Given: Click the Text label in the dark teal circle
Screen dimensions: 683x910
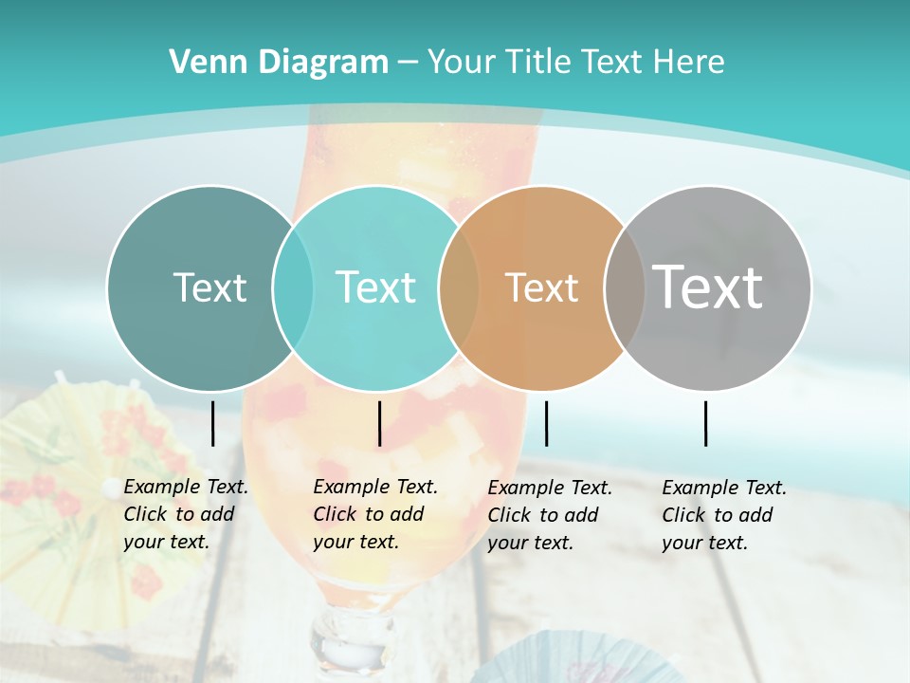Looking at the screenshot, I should tap(209, 287).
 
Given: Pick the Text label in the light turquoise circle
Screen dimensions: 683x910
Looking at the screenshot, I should tap(376, 287).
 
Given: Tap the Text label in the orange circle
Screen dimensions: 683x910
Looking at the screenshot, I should tap(541, 287).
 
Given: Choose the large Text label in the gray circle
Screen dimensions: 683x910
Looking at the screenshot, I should tap(708, 287).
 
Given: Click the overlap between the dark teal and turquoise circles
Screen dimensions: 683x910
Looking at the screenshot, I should tap(293, 287).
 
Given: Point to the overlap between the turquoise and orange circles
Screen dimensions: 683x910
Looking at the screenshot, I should tap(459, 287).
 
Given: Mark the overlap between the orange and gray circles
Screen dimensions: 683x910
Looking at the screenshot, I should tap(625, 287).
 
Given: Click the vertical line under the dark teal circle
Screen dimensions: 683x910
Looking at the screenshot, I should tap(212, 423).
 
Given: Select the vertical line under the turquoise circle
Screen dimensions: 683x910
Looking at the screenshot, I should tap(379, 423).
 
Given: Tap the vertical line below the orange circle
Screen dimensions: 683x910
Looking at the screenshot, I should tap(546, 423).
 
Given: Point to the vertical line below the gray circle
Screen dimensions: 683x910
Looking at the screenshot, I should tap(706, 423).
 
